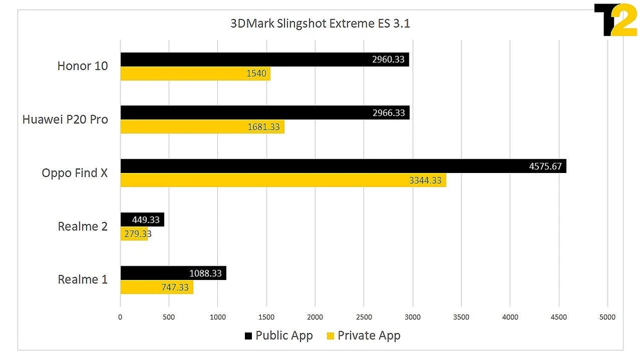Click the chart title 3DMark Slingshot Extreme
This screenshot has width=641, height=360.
[x=320, y=24]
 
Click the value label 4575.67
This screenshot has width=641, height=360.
[x=545, y=167]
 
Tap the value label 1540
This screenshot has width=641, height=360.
[x=256, y=74]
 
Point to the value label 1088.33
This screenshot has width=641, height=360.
[x=206, y=274]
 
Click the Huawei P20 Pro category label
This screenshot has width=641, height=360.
[x=65, y=119]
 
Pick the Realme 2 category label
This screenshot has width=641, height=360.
[x=83, y=226]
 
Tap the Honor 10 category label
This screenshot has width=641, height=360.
[x=83, y=65]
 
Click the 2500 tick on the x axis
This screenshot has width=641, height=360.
[x=363, y=316]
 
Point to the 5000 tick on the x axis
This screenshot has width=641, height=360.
[x=607, y=316]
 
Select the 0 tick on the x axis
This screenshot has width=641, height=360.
[x=120, y=316]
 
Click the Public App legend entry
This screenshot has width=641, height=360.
[x=278, y=336]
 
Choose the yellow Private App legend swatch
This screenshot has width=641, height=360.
[x=331, y=336]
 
